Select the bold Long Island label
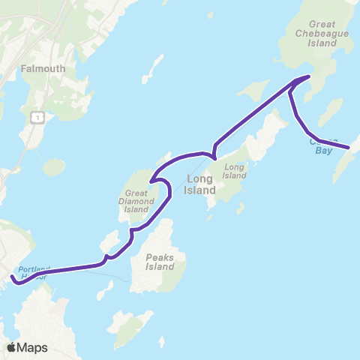pyautogui.click(x=200, y=184)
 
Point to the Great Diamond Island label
pyautogui.click(x=136, y=202)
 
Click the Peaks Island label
pyautogui.click(x=160, y=262)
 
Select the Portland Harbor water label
pyautogui.click(x=33, y=273)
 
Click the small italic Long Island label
pyautogui.click(x=235, y=171)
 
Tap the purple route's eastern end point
pyautogui.click(x=349, y=148)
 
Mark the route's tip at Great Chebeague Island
pyautogui.click(x=309, y=76)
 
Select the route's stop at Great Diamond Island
pyautogui.click(x=151, y=181)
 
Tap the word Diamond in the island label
pyautogui.click(x=136, y=202)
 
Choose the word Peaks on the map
pyautogui.click(x=160, y=257)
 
